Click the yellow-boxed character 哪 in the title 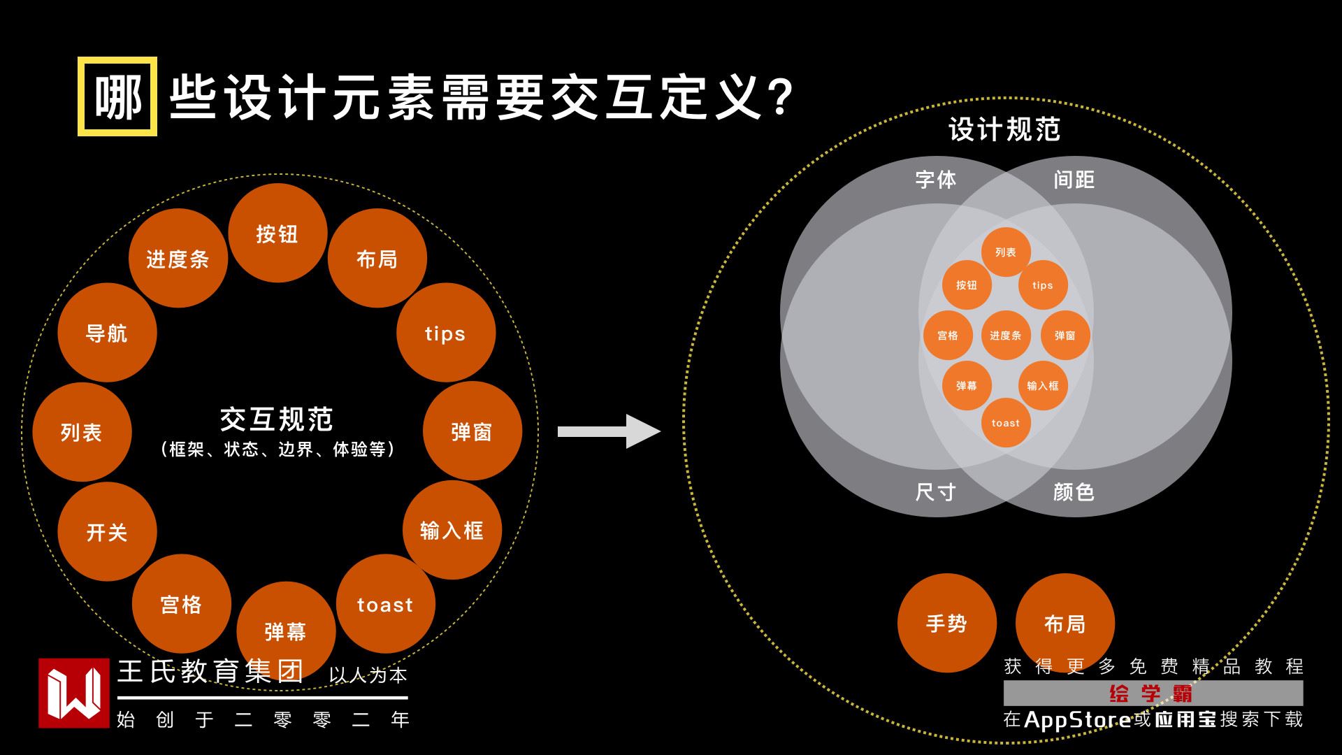point(117,96)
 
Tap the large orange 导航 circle point(107,333)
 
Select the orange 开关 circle point(107,532)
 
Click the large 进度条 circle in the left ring point(178,259)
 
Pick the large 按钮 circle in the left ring point(277,233)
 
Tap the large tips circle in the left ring point(445,333)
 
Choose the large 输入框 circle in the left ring point(452,530)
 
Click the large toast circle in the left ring point(385,604)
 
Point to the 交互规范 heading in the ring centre point(277,419)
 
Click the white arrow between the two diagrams point(608,431)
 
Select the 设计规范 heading point(1004,130)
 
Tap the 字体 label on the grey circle point(936,180)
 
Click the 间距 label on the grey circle point(1074,180)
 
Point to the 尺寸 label point(936,492)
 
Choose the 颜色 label point(1074,492)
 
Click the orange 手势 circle point(946,623)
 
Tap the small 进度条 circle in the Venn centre point(1005,336)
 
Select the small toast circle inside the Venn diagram point(1005,423)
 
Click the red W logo point(74,693)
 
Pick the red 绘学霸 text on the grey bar point(1151,693)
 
